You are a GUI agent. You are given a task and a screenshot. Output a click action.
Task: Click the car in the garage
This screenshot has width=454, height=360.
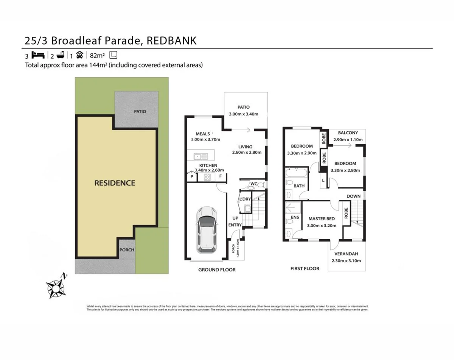click(206, 229)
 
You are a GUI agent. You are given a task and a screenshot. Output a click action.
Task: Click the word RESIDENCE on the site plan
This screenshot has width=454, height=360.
click(115, 183)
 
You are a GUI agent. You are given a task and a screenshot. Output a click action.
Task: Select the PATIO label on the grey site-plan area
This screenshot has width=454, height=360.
click(140, 112)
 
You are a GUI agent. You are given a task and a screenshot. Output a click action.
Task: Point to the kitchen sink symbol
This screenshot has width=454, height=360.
click(199, 156)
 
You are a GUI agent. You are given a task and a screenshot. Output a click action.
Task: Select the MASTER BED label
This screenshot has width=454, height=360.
click(321, 219)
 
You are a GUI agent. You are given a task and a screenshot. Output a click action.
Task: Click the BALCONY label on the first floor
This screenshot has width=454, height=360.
click(348, 133)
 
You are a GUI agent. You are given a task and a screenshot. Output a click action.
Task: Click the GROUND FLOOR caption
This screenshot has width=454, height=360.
click(217, 270)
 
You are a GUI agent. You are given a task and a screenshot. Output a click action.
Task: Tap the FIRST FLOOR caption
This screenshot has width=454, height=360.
click(305, 268)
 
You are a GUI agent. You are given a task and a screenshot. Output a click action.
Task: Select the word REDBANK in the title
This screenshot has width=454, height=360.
click(171, 41)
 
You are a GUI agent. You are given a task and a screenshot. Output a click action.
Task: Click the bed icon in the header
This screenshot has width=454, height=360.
click(38, 55)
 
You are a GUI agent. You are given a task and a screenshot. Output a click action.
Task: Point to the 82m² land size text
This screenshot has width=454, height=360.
click(98, 56)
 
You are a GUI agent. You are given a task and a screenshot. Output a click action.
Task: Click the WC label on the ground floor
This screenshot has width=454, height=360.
click(254, 184)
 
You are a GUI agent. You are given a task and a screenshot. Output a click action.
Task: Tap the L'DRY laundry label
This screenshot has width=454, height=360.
click(244, 199)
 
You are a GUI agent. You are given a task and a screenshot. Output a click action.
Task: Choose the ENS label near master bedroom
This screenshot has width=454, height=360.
click(295, 217)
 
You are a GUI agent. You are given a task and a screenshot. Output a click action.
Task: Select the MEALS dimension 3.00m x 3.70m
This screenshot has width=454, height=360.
click(205, 139)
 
